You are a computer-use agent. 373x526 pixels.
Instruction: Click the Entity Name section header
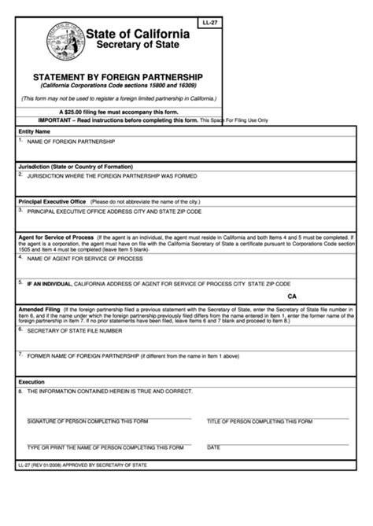[x=35, y=131]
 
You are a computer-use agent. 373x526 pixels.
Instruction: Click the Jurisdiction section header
[x=76, y=167]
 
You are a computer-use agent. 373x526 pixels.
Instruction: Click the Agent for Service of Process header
[x=56, y=237]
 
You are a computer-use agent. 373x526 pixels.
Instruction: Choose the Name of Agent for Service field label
[x=85, y=258]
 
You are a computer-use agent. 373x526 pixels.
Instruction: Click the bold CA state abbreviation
[x=293, y=296]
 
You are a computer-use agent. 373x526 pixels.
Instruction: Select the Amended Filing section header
[x=39, y=309]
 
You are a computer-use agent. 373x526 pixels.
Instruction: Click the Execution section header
[x=32, y=381]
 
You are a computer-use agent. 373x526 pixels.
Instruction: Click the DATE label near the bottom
[x=213, y=447]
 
